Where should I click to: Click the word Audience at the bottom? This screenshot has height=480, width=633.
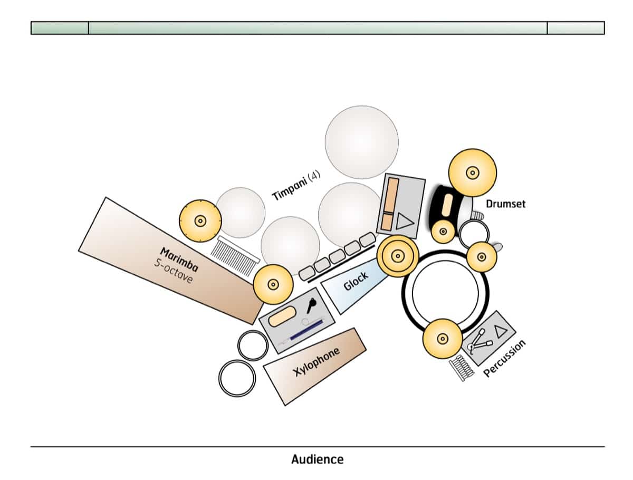point(317,459)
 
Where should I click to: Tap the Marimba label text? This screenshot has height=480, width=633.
point(179,260)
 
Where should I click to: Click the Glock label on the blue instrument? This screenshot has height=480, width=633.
point(356,282)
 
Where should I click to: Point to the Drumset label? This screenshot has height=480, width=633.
point(505,203)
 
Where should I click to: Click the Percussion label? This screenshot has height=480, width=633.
point(505,359)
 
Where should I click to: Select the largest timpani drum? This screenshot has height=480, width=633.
point(361,142)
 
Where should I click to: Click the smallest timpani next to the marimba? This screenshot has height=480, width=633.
point(241,212)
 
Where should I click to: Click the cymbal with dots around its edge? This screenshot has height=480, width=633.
point(200,220)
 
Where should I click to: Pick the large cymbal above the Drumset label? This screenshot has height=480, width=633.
point(473,172)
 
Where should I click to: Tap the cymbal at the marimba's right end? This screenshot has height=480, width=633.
point(273,284)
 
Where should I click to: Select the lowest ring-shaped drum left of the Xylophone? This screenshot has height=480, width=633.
point(237,378)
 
